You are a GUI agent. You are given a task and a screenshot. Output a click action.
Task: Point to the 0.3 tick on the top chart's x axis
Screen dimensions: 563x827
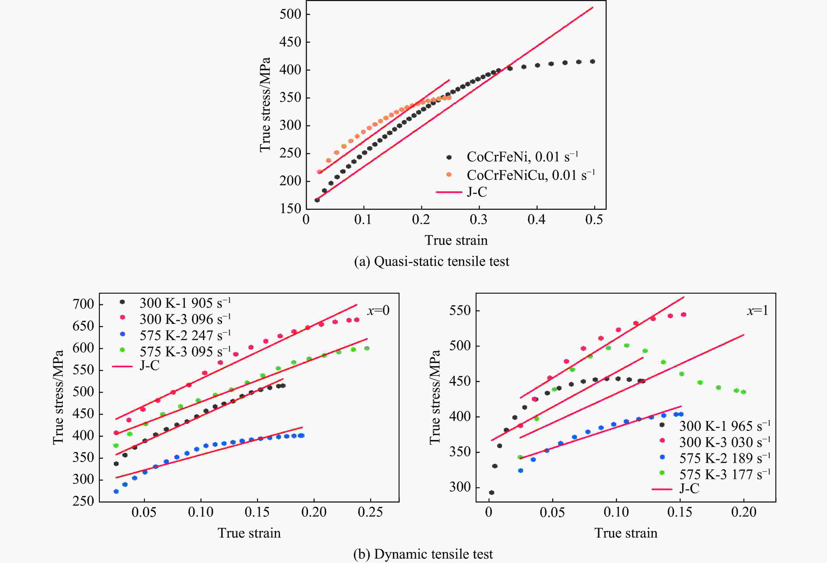click(x=479, y=220)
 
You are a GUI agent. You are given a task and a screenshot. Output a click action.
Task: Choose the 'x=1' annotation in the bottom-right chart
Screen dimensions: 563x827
click(x=757, y=311)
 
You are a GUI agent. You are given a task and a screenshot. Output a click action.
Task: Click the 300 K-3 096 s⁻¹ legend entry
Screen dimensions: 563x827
click(x=185, y=319)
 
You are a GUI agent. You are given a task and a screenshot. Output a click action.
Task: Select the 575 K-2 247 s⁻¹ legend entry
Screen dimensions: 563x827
click(x=185, y=335)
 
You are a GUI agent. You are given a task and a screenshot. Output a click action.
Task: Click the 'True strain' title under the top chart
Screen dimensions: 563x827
click(x=456, y=240)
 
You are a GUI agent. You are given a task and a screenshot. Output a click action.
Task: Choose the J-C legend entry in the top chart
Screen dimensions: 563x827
click(x=477, y=192)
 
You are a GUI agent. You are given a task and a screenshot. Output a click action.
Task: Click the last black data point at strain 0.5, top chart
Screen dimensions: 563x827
click(x=592, y=62)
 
